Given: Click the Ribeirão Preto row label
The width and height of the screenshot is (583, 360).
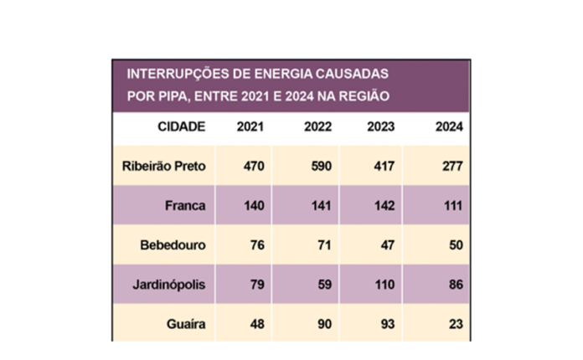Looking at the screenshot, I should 164,166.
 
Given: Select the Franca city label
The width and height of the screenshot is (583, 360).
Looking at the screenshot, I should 185,206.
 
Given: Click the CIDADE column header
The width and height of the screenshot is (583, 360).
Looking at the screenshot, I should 181,126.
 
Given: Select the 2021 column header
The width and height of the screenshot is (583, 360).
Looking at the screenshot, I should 252,126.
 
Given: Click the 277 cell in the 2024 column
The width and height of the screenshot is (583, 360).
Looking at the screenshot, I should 451,166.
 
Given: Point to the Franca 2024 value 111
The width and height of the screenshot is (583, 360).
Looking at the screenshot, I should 451,206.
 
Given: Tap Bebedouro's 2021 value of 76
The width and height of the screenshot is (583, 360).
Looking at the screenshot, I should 256,246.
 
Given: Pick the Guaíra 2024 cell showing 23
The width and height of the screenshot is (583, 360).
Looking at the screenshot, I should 456,325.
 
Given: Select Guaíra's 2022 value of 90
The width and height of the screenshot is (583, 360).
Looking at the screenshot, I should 323,325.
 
